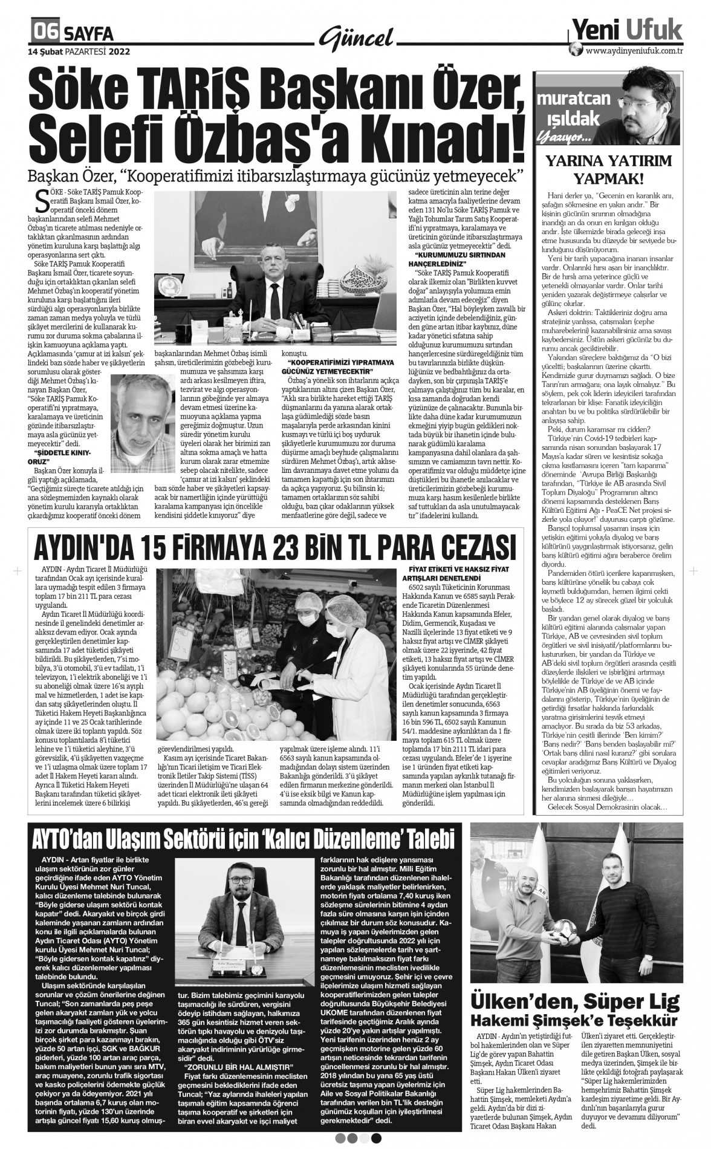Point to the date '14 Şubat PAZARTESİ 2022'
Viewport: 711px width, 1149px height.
(x=79, y=51)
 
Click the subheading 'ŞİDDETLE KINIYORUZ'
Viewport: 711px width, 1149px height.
(x=62, y=456)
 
